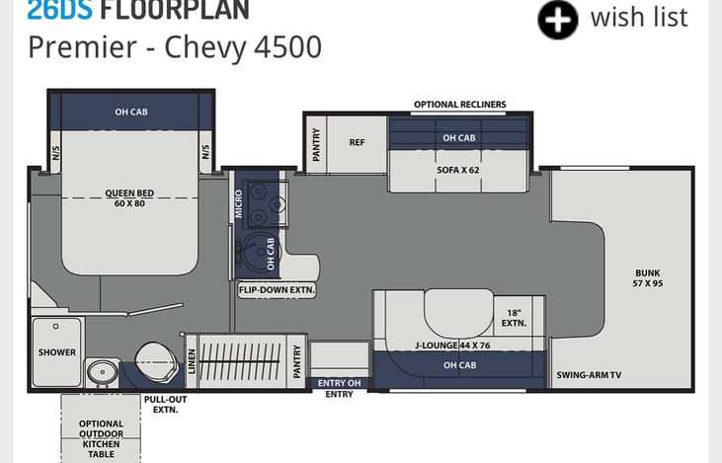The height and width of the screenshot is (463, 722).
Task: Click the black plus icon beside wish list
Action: pos(558,20)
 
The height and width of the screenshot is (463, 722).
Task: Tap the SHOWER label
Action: pos(57,352)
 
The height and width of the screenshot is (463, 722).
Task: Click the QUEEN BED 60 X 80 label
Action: pos(129,197)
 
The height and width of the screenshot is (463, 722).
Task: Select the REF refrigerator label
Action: pos(357,142)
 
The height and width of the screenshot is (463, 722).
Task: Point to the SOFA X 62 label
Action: pos(457,170)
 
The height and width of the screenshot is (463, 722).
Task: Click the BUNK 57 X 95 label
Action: pos(647,278)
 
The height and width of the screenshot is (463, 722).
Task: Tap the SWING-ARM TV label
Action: pos(589,374)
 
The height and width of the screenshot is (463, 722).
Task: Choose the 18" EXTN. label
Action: pos(514,318)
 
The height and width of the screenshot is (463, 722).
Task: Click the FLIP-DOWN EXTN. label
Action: pos(277,290)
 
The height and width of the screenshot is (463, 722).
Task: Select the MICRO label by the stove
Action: pos(238,203)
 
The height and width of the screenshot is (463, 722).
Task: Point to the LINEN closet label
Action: pos(192,361)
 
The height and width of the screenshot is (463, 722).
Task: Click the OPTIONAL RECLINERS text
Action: pos(459,105)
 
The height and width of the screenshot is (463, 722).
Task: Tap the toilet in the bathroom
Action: pos(156,361)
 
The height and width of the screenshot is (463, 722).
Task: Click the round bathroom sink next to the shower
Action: pos(102,371)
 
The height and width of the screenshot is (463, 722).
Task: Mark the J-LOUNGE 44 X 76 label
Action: pos(452,346)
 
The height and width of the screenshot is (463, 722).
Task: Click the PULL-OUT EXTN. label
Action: pos(165,404)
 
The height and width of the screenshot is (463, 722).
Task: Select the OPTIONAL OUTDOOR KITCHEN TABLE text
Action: pos(102,438)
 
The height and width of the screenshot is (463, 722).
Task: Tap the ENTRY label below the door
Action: pos(340,394)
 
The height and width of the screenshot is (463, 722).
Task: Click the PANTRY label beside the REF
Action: pos(316,144)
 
